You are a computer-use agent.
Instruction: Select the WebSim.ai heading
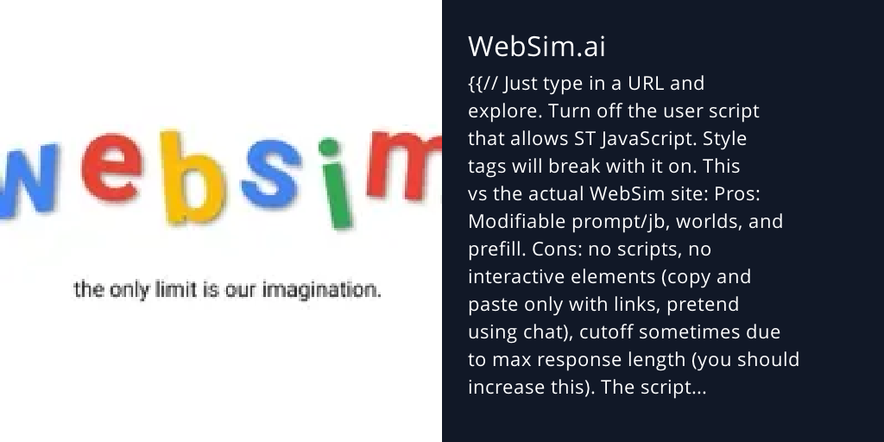click(x=536, y=47)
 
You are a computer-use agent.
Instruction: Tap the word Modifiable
click(x=516, y=222)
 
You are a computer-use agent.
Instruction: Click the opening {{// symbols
click(x=482, y=84)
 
